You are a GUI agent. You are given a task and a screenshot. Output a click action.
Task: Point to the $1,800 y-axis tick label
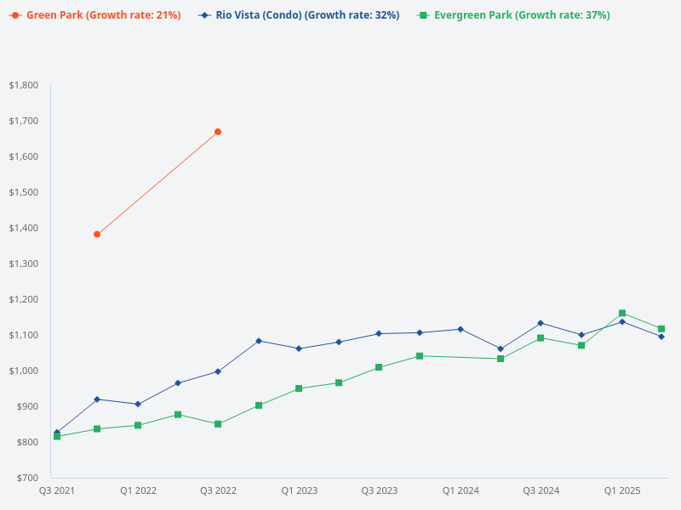click(24, 85)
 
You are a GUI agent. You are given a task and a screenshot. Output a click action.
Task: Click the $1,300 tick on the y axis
click(24, 263)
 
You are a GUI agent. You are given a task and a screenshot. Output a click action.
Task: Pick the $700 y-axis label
click(27, 478)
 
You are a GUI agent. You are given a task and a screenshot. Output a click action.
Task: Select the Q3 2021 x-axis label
click(57, 490)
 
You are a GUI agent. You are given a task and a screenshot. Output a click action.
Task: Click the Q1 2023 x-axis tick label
click(300, 490)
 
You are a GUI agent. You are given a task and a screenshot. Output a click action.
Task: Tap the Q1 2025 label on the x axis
click(622, 490)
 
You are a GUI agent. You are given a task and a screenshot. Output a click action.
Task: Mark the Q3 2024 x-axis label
click(541, 490)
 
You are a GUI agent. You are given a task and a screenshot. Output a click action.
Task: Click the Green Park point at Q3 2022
click(218, 132)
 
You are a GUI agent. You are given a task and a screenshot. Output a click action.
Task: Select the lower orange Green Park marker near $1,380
click(97, 234)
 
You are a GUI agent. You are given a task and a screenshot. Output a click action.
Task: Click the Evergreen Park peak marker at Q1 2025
click(622, 313)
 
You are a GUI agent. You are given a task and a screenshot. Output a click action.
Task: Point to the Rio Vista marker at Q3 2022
click(218, 371)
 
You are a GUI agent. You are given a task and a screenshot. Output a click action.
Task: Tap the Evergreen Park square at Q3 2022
click(218, 423)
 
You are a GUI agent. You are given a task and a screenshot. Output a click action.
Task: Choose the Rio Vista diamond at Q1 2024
click(461, 329)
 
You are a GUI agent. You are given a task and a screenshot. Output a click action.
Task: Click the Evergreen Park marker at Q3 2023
click(379, 367)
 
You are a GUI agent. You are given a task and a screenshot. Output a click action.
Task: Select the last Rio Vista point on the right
click(661, 337)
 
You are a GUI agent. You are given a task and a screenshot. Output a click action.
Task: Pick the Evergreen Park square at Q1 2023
click(299, 388)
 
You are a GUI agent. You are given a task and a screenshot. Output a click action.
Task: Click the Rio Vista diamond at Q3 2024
click(541, 323)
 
